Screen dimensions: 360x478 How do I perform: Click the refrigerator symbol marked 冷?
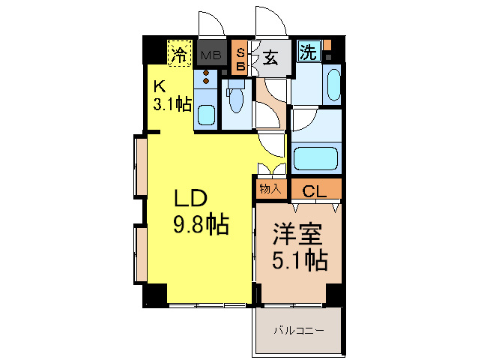coord(178,53)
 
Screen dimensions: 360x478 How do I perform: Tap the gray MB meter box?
coord(210,54)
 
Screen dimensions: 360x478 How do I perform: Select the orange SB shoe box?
coord(240,58)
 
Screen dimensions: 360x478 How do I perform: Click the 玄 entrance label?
coord(270,58)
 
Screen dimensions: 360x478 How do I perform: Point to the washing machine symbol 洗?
coord(308,52)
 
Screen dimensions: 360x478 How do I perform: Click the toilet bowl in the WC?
coord(237,99)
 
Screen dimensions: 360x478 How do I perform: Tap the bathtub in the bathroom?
coord(315,158)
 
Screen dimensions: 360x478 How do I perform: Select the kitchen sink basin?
coord(206,115)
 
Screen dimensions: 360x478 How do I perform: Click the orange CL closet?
coord(315,190)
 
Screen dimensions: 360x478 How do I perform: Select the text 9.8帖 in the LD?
coord(202,223)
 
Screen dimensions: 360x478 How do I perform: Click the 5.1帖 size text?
coord(297,262)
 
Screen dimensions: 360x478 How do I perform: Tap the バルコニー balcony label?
coord(297,329)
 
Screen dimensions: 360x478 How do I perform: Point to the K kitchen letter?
coord(160,85)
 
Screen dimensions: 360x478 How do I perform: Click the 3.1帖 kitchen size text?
coord(172,104)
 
